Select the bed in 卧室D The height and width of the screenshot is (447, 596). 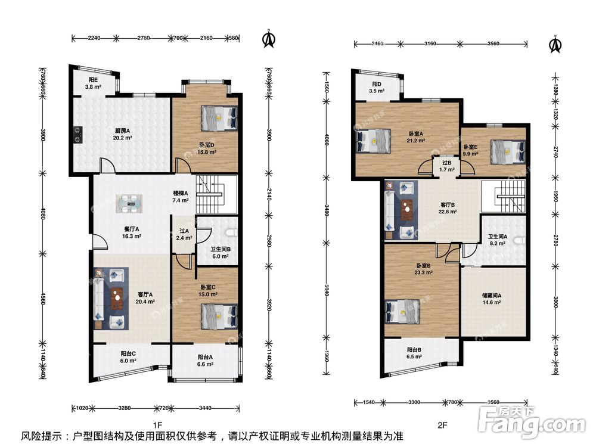[x=219, y=118]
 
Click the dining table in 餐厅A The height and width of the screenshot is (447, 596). [x=129, y=203]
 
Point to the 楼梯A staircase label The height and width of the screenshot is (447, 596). [x=181, y=193]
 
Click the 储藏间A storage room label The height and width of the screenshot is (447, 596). [x=491, y=294]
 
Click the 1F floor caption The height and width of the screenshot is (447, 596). [x=157, y=425]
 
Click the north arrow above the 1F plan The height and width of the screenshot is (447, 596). [x=269, y=39]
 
